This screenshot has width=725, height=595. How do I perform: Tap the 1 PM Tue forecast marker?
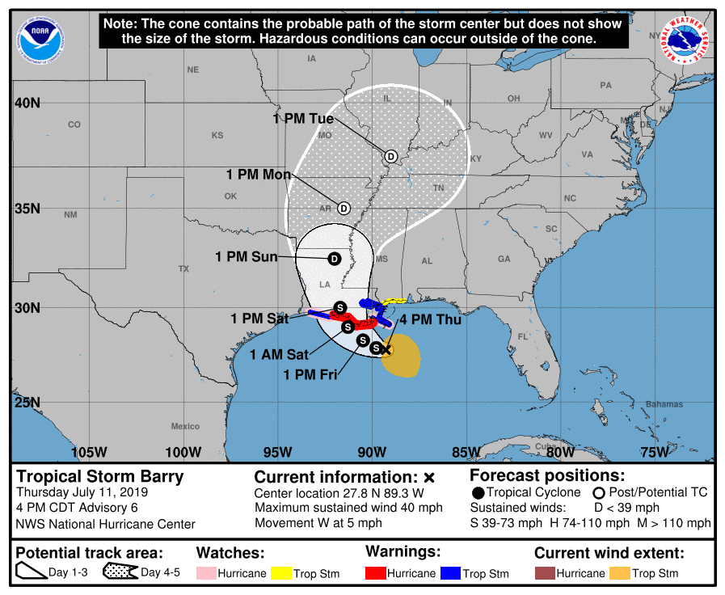[x=391, y=156]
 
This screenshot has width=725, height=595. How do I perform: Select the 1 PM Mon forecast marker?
[x=344, y=208]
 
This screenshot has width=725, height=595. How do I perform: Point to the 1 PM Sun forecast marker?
[x=334, y=259]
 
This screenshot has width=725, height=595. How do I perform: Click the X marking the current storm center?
[x=386, y=349]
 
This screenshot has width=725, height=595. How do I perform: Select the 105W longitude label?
[x=89, y=451]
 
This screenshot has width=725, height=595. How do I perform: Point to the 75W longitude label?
[x=653, y=451]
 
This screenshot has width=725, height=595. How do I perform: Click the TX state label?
[x=183, y=268]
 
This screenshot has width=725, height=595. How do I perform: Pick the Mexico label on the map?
[x=185, y=426]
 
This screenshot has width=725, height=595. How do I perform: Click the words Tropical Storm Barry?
[x=100, y=476]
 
